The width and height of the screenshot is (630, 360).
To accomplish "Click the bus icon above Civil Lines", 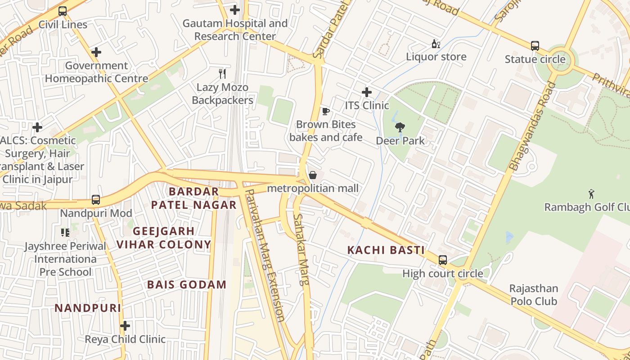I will point(63,11).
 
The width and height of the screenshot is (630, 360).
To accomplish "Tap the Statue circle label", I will point(535,59).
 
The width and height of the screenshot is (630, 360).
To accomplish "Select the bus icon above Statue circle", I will point(535,45).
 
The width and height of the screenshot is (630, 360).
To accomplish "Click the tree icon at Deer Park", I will point(400,128).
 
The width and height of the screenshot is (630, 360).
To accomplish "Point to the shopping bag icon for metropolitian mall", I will point(313,175).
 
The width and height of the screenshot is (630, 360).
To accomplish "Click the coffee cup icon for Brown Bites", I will point(326,111).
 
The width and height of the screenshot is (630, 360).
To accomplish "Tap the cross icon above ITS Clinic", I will point(367,92).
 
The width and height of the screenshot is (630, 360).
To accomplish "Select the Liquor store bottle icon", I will point(436,44).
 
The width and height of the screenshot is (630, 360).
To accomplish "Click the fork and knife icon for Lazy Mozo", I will point(222,73).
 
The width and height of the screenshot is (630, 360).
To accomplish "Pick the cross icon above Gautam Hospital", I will point(234,9).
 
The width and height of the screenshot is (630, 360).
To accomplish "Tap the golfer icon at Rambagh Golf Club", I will point(591,194).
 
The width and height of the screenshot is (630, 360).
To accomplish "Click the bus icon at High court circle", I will point(443,260).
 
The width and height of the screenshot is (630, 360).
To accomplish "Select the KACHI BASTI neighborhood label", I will point(386,250).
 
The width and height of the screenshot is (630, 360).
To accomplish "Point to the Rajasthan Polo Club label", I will point(534,295).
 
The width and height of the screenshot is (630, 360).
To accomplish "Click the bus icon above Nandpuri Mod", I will point(95,199).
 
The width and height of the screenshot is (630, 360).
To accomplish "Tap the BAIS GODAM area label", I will point(187,284).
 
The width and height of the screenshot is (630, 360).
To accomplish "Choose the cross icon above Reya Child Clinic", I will point(125,325).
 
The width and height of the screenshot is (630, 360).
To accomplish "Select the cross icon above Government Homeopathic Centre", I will point(96,52).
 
